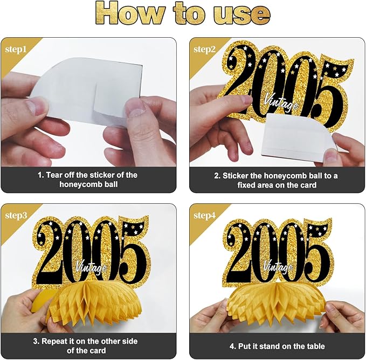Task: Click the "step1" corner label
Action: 16,50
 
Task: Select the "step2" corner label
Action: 204,50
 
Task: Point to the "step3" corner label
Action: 16,216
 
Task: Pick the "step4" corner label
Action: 205,216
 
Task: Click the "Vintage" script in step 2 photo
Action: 281,102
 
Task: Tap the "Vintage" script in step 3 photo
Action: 92,267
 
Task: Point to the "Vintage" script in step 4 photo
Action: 278,266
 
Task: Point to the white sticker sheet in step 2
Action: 298,136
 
